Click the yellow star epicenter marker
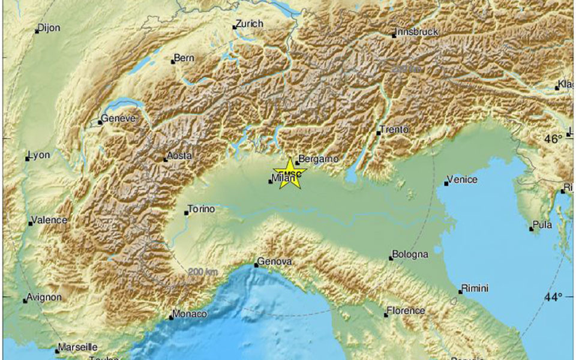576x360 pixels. point(290,173)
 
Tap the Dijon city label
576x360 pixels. point(50,27)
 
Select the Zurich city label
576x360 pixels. point(250,23)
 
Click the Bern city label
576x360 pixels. point(183,59)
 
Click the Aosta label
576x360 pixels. point(179,156)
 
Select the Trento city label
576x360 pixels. point(395,129)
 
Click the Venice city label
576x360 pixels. point(463,179)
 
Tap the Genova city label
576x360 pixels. point(275,262)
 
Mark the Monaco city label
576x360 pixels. point(190,314)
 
